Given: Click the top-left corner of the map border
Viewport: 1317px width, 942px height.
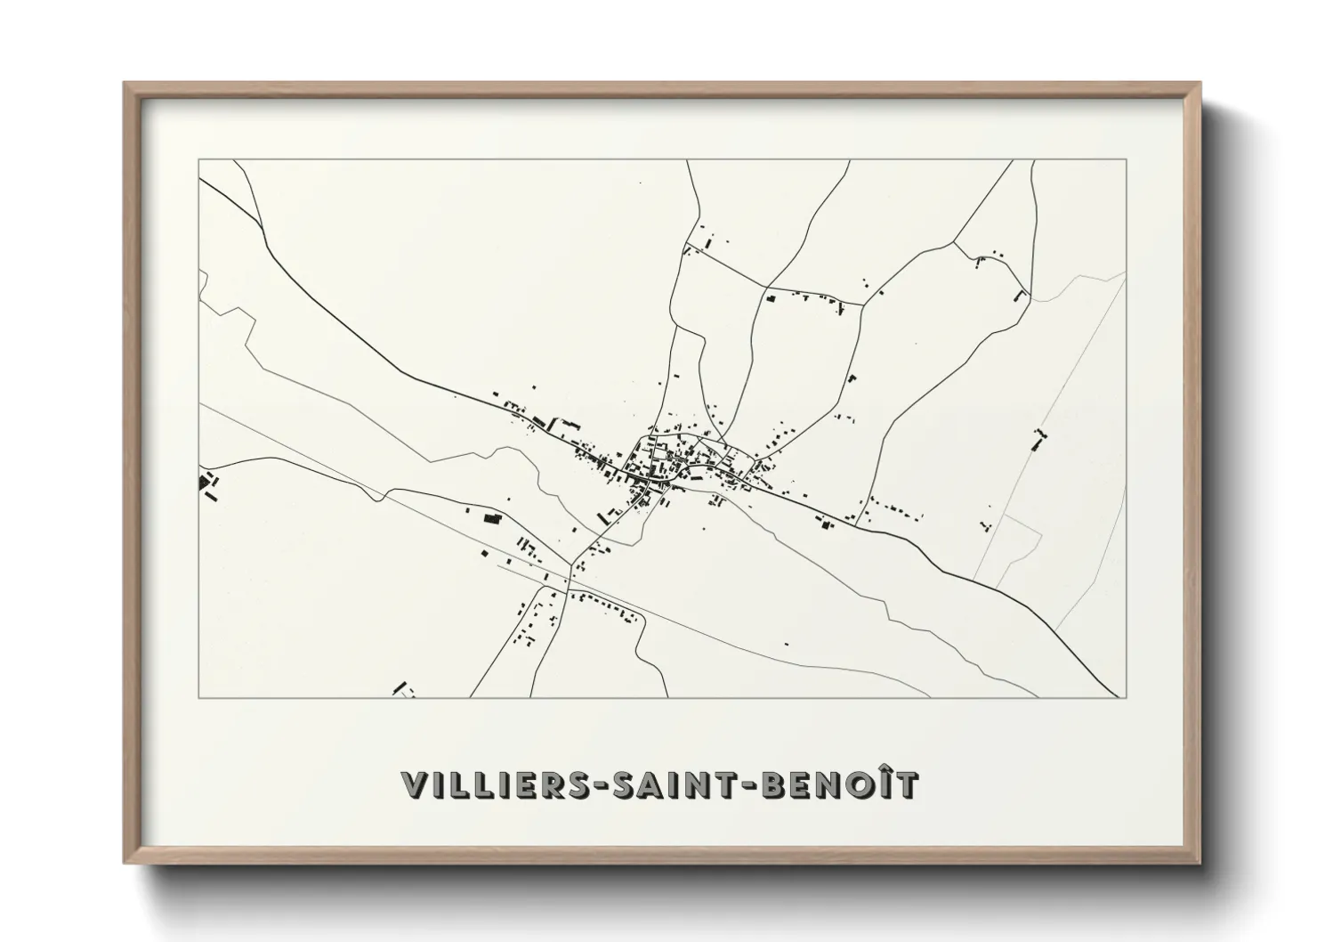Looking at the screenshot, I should (199, 160).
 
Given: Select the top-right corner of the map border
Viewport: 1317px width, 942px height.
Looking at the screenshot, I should (1127, 160).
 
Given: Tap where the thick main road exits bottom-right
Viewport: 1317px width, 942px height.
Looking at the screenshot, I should (1118, 696).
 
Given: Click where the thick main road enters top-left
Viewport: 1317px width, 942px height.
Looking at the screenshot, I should (201, 181).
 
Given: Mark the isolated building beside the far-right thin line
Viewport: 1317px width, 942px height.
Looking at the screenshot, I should (1038, 438).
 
